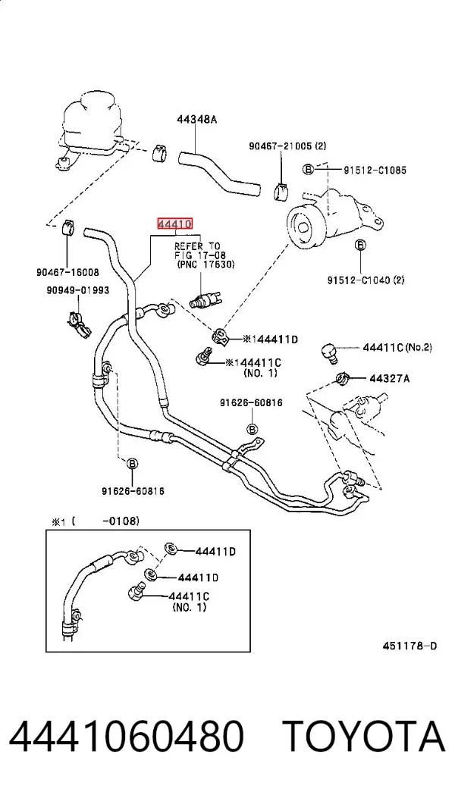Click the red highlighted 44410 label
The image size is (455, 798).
[174, 224]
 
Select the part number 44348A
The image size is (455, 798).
[196, 120]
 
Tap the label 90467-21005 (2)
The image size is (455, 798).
[287, 146]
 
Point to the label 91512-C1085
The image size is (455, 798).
[375, 170]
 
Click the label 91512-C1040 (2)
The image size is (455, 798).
[366, 280]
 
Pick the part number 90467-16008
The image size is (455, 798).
[67, 272]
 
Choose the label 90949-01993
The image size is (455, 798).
[77, 290]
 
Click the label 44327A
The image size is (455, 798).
[390, 378]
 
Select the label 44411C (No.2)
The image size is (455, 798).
[397, 348]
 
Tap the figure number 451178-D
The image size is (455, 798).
[409, 646]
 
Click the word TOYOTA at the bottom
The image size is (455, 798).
[364, 737]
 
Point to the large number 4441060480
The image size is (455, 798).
[127, 737]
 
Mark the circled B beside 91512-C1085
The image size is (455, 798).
[308, 169]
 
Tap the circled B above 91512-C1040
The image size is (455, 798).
[360, 246]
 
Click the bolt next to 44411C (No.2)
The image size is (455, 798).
[330, 352]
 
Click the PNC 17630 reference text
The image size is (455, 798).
[206, 264]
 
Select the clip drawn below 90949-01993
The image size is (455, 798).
[79, 324]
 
